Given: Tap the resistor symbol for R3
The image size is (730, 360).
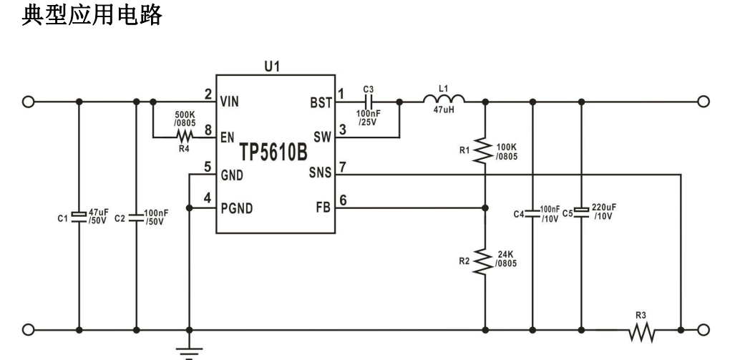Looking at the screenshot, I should (642, 331).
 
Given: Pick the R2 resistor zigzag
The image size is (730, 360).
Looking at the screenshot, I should (485, 261).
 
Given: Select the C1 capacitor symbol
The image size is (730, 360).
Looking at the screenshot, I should (78, 213).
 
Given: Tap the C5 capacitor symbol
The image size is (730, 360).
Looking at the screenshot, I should (581, 209).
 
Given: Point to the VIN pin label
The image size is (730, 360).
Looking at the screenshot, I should (230, 102).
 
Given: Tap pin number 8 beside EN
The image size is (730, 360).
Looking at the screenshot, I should (208, 130).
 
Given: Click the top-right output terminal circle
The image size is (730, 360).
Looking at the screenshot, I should (703, 102).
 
